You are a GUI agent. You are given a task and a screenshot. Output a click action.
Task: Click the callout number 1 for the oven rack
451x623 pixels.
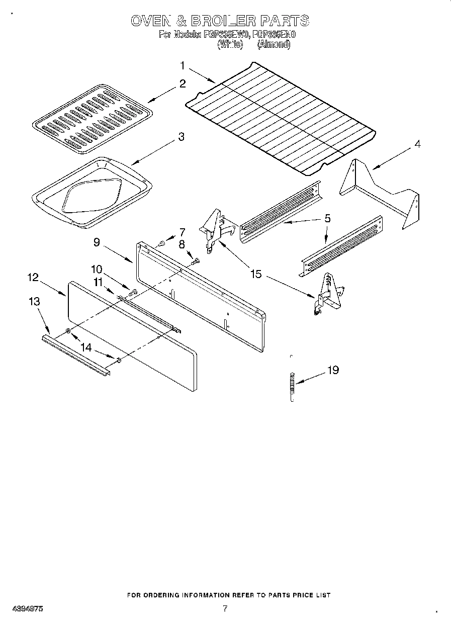pos(183,65)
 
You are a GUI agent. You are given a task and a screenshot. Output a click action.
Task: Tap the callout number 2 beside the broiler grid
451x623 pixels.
pos(183,83)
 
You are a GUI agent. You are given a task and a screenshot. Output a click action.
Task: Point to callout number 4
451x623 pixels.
pos(417,144)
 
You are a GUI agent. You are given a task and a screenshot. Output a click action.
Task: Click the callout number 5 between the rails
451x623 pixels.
pos(327,218)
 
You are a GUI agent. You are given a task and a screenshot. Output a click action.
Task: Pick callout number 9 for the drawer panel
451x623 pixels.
pos(97,242)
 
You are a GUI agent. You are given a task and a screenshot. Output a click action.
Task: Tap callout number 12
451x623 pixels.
pos(33,277)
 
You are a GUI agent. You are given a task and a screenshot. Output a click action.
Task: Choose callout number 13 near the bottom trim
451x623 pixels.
pos(34,302)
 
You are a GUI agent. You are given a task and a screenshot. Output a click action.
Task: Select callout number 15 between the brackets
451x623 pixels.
pos(256,274)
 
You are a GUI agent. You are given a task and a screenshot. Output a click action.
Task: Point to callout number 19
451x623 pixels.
pos(333,371)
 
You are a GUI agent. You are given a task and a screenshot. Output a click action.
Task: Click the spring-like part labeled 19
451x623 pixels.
pos(292,385)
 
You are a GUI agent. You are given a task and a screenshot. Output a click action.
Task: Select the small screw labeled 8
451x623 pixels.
pos(196,260)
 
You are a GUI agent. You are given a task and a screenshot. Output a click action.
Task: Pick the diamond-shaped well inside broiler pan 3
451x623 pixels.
pos(91,194)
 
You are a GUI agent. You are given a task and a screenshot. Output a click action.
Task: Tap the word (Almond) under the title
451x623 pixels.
pos(274,44)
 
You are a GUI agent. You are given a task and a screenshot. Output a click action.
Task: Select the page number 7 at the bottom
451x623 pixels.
pos(225,608)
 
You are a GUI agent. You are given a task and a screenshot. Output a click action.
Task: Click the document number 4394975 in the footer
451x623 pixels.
pos(26,608)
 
